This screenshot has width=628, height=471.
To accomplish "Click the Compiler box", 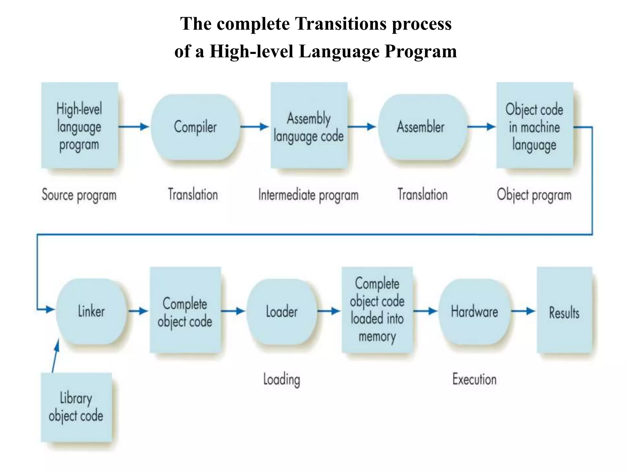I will [x=195, y=127].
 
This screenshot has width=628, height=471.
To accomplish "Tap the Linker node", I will [x=91, y=311].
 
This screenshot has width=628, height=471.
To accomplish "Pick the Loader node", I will [x=281, y=312].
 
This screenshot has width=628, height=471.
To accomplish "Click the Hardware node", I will [x=474, y=312].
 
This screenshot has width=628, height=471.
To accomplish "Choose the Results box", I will [x=564, y=310].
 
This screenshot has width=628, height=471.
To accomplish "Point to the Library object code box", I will [x=76, y=407].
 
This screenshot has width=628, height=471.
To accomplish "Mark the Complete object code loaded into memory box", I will [x=377, y=310].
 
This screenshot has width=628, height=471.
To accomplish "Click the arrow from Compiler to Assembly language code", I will [x=255, y=127].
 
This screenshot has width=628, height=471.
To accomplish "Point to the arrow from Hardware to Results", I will [x=523, y=311].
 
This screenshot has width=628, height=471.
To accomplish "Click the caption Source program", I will [x=79, y=195].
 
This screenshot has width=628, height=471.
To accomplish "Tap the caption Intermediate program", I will [x=308, y=195].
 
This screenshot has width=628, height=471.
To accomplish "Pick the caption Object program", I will [x=534, y=195].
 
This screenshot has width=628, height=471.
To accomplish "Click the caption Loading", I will [x=281, y=380].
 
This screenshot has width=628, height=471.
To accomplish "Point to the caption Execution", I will [x=474, y=379].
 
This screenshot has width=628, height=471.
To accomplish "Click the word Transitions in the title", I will [x=340, y=24].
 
